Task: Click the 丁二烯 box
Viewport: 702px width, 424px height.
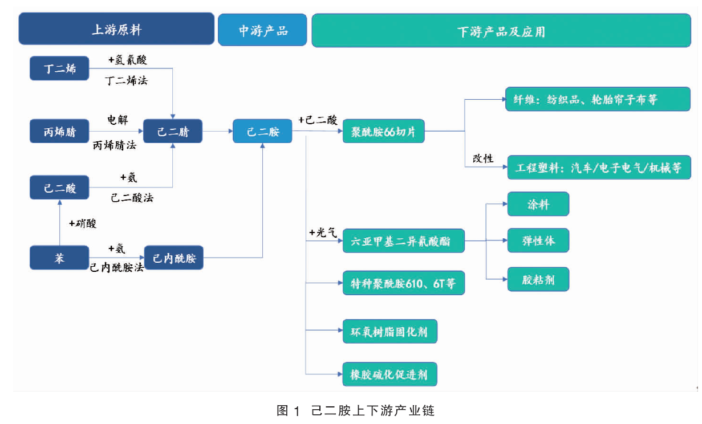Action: (59, 68)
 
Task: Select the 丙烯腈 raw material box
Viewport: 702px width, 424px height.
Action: (59, 131)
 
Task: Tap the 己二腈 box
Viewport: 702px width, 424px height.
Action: (173, 131)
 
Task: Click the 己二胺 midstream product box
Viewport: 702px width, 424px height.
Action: (263, 131)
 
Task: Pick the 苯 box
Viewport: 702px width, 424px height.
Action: (59, 258)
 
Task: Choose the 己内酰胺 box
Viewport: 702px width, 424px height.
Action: (173, 258)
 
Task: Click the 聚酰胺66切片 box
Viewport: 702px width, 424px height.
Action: (384, 131)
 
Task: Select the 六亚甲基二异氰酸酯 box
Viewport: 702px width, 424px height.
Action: (404, 241)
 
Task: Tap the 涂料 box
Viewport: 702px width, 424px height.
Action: (538, 204)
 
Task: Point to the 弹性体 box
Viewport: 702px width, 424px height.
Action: (538, 240)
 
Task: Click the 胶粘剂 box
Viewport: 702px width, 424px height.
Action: (538, 279)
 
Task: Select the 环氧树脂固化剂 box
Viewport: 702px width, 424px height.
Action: (390, 331)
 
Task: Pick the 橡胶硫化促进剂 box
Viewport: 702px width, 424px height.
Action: (389, 374)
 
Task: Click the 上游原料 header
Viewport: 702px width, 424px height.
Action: (116, 29)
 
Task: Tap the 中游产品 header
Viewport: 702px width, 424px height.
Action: (262, 30)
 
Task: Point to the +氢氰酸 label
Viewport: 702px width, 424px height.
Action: (128, 59)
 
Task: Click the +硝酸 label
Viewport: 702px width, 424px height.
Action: (83, 223)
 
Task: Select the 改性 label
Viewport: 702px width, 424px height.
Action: (483, 158)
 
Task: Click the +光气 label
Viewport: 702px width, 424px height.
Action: (323, 233)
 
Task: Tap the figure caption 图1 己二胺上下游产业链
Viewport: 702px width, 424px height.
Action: (356, 410)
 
